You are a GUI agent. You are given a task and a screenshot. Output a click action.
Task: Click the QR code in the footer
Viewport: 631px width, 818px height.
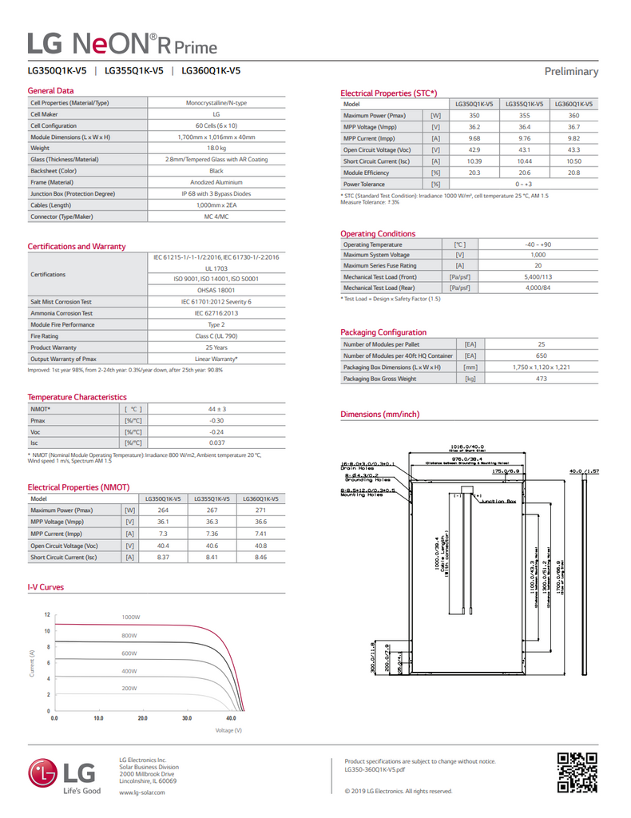(576, 772)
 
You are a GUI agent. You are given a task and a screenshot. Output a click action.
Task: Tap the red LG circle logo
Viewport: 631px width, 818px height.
(43, 772)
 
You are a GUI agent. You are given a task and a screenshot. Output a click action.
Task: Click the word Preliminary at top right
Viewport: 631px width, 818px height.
(571, 71)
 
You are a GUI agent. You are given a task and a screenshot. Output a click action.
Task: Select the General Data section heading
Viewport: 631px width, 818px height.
(50, 91)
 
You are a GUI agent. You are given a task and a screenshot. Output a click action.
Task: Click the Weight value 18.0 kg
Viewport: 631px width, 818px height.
(216, 149)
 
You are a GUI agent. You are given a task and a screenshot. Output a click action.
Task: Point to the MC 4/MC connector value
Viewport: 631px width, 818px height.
(216, 216)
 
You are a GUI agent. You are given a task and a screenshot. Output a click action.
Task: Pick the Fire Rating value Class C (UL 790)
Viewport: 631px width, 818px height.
(216, 336)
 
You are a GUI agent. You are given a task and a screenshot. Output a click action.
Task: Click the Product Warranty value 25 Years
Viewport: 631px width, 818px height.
(216, 347)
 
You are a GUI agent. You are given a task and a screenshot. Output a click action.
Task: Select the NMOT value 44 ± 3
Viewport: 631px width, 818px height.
(216, 409)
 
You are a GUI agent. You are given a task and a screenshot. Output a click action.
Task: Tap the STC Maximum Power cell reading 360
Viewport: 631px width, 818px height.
(573, 116)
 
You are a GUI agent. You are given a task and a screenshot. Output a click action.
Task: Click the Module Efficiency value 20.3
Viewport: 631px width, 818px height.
(474, 173)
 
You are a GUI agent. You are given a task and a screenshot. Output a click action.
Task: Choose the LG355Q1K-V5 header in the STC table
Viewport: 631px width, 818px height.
(524, 104)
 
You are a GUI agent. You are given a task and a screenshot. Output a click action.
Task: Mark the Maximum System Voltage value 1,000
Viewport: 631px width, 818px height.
(538, 254)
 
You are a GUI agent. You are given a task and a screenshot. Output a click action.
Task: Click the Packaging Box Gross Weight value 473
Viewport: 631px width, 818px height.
(541, 379)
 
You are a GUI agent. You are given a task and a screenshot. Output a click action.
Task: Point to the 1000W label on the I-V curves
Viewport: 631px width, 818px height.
(131, 617)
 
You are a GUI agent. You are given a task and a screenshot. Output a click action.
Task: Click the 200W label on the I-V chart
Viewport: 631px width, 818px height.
(129, 688)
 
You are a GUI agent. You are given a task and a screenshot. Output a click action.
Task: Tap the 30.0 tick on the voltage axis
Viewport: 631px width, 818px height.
(187, 718)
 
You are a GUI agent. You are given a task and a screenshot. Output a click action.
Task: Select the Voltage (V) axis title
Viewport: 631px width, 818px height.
(228, 731)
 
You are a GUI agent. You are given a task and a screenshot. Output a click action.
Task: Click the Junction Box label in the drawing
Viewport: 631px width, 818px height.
(500, 501)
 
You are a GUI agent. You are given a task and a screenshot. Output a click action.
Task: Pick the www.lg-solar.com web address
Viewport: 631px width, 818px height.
(141, 792)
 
